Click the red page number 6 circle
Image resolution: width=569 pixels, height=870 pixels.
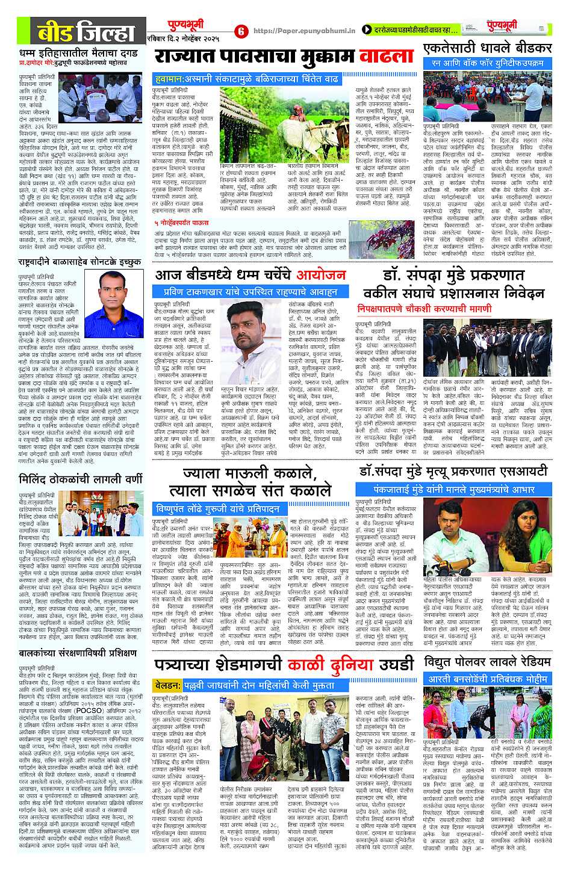coord(240,31)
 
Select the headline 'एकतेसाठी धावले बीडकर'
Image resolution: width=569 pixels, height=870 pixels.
coord(487,48)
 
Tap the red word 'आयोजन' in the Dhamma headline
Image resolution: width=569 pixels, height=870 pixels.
coord(321,275)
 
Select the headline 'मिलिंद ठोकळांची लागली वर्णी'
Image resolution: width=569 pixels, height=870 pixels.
coord(79,480)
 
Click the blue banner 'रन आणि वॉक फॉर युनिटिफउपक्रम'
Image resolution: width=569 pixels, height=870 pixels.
coord(487,63)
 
